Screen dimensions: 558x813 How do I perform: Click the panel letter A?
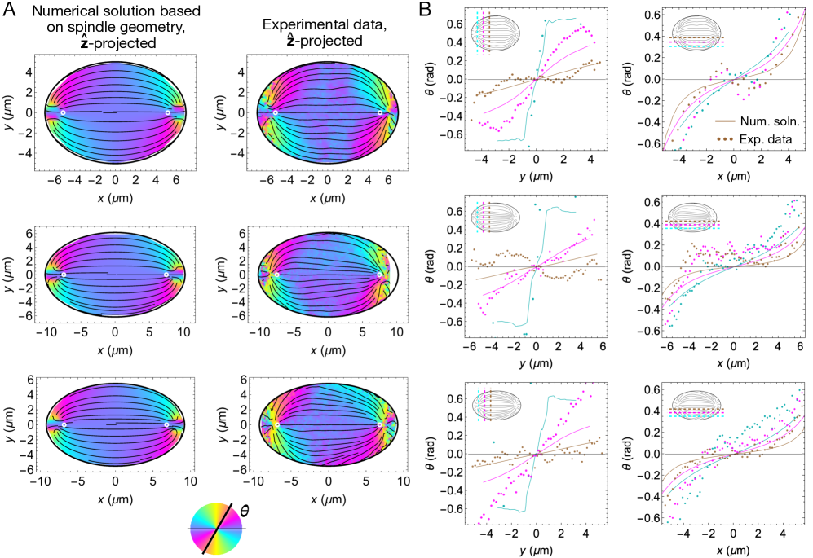[x=8, y=9]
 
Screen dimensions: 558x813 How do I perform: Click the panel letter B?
[x=425, y=9]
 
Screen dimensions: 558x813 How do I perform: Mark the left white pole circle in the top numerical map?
[x=63, y=112]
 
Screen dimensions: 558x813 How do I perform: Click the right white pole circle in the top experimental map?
[x=379, y=112]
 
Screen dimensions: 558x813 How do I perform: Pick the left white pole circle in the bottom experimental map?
[x=277, y=424]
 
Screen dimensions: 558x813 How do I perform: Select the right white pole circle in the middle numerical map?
[x=166, y=275]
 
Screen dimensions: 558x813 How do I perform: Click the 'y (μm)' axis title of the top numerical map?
[x=8, y=112]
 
